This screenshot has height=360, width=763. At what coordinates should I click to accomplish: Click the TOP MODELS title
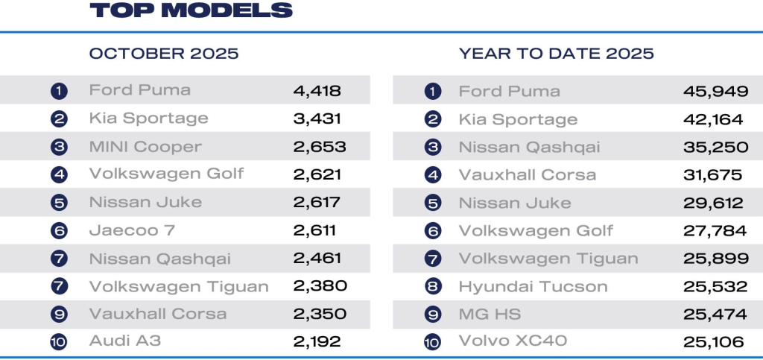(191, 10)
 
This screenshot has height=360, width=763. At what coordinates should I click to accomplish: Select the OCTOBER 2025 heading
(164, 54)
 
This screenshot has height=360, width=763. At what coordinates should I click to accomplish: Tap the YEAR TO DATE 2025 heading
(557, 54)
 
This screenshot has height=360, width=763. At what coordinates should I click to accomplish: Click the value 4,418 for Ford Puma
(317, 91)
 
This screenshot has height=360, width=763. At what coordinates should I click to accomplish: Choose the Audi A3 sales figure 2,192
(317, 342)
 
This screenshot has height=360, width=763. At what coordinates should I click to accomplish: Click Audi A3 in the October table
(125, 342)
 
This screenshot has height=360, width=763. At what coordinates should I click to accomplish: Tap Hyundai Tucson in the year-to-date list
(534, 287)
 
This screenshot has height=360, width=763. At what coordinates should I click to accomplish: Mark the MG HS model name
(488, 315)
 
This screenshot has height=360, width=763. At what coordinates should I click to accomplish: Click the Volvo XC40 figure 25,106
(714, 342)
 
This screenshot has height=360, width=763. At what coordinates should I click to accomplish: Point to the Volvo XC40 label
(513, 342)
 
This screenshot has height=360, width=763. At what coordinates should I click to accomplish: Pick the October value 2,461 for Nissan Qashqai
(317, 259)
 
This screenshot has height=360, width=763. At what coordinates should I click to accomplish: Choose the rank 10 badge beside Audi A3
(59, 342)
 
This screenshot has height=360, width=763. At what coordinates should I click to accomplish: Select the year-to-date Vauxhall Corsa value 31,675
(713, 175)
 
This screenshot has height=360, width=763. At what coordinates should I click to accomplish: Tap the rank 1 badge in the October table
(59, 91)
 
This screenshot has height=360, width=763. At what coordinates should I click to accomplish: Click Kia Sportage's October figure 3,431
(317, 119)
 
